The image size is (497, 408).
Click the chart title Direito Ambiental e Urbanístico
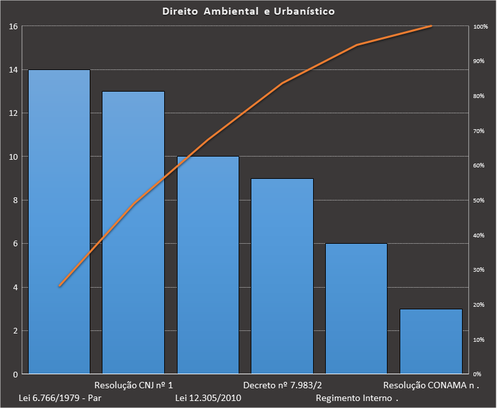248,11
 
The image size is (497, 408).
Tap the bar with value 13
134,232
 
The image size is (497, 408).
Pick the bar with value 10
208,265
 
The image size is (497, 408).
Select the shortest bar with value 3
431,341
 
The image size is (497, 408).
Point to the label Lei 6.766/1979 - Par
60,398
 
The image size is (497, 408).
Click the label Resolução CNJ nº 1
134,386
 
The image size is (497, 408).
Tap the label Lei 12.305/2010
208,398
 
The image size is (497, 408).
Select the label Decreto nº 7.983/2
283,386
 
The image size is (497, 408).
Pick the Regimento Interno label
355,398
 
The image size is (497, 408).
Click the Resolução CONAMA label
430,386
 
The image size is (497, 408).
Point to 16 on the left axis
13,26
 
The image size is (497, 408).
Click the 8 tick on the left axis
15,200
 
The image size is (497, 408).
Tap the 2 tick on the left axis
15,331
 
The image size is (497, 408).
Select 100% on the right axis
480,27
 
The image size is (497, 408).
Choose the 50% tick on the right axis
479,200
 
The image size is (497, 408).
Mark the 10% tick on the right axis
479,340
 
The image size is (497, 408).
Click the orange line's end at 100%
431,26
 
